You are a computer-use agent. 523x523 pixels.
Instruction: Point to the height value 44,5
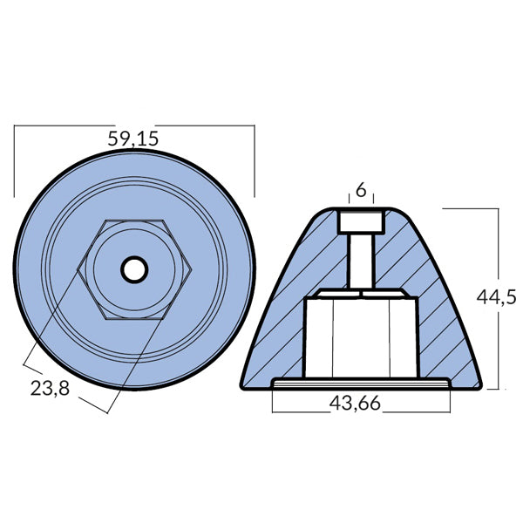[497, 296]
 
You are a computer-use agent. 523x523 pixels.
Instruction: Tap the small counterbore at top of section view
[360, 220]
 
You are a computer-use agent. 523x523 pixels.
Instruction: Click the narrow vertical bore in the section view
[360, 261]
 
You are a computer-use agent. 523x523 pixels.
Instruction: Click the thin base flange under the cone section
[360, 384]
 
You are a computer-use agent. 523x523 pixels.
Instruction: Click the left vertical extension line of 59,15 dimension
[15, 161]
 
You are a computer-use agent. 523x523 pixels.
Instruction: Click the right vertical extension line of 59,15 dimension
[254, 161]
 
